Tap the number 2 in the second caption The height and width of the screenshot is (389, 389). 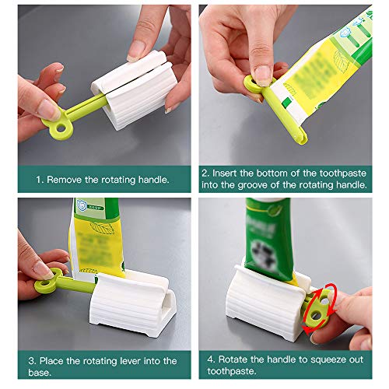point(205,173)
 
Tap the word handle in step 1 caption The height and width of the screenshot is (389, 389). point(147,180)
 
